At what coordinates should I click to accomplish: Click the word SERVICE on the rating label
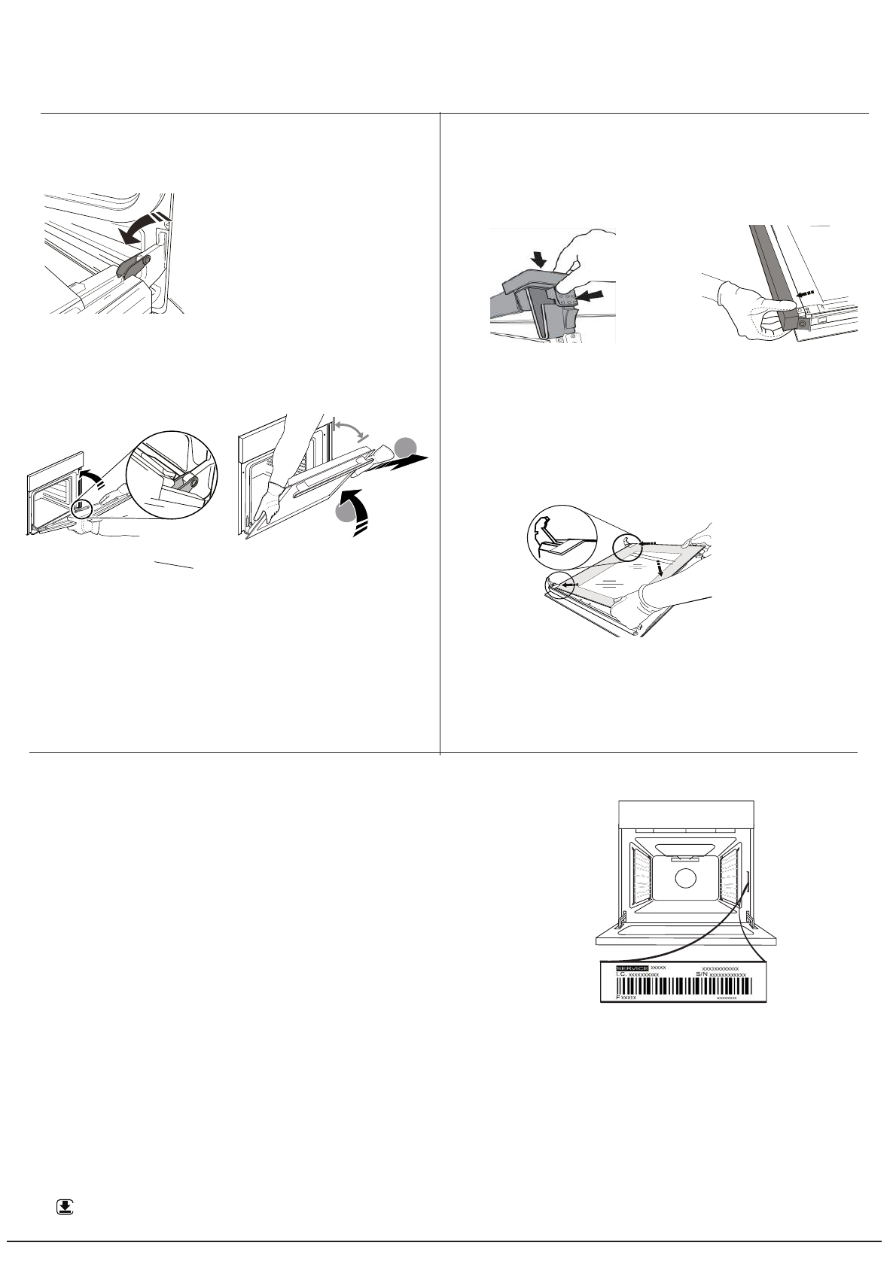pyautogui.click(x=632, y=967)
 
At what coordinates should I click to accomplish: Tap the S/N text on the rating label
pyautogui.click(x=703, y=974)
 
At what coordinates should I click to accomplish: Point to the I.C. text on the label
pyautogui.click(x=621, y=974)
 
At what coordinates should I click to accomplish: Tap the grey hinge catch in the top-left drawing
pyautogui.click(x=133, y=266)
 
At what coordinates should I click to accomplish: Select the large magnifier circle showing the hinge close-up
pyautogui.click(x=171, y=475)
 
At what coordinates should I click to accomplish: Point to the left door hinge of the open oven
pyautogui.click(x=622, y=921)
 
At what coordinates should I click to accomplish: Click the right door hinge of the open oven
pyautogui.click(x=749, y=921)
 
